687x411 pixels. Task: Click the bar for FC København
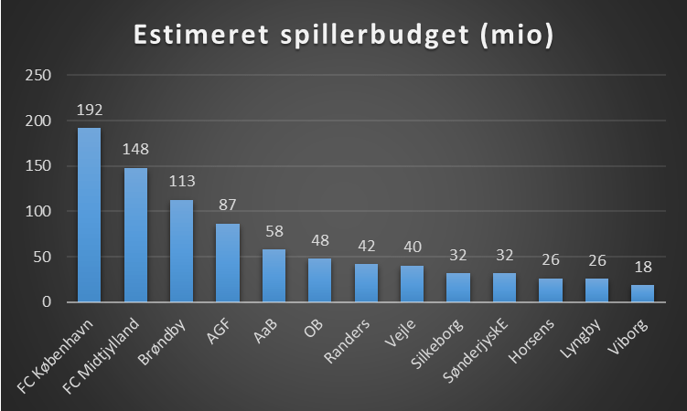89,215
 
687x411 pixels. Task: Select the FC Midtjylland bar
135,235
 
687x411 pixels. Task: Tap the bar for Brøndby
181,251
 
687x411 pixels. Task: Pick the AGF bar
228,263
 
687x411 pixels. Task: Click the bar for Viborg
643,293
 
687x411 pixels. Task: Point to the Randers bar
366,283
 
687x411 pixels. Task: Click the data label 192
89,111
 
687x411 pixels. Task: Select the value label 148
135,150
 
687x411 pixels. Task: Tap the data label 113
181,181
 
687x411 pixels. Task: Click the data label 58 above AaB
274,231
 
